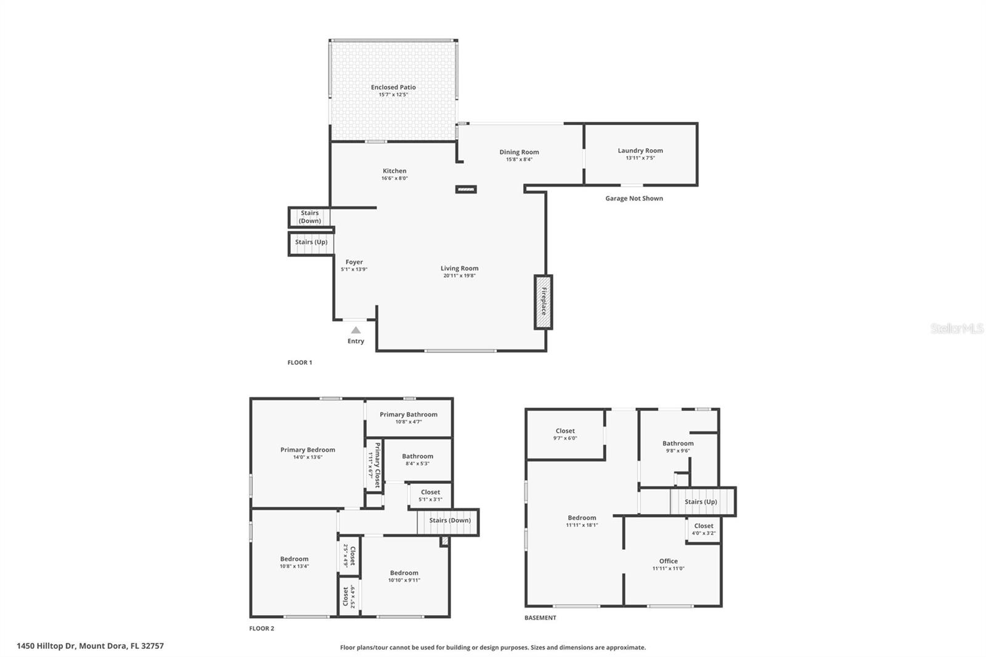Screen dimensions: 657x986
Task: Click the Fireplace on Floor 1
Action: pyautogui.click(x=543, y=302)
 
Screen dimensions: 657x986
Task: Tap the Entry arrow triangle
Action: pyautogui.click(x=356, y=330)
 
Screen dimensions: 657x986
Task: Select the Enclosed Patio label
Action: pyautogui.click(x=393, y=88)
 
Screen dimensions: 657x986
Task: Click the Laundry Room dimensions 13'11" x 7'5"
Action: pyautogui.click(x=640, y=158)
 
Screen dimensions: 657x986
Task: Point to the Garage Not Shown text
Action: pyautogui.click(x=634, y=198)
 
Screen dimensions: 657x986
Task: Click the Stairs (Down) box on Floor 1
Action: pyautogui.click(x=309, y=217)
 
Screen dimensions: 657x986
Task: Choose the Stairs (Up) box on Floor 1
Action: pyautogui.click(x=311, y=242)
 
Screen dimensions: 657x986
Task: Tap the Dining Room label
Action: pyautogui.click(x=519, y=152)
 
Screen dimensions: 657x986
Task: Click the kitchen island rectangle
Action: pyautogui.click(x=466, y=189)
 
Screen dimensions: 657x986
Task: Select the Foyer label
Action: pyautogui.click(x=354, y=262)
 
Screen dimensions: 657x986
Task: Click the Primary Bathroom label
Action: pyautogui.click(x=408, y=415)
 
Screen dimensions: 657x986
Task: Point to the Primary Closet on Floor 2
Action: pyautogui.click(x=375, y=465)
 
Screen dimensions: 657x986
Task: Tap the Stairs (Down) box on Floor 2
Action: pyautogui.click(x=449, y=521)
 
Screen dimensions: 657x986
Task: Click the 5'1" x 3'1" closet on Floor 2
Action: pyautogui.click(x=430, y=496)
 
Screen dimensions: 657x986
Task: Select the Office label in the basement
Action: pyautogui.click(x=668, y=561)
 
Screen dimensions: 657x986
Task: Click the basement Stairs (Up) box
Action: pyautogui.click(x=701, y=502)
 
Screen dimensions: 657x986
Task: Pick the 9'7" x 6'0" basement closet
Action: pyautogui.click(x=564, y=435)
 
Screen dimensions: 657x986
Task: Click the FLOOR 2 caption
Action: pyautogui.click(x=261, y=629)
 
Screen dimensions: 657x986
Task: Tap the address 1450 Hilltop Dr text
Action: pyautogui.click(x=90, y=646)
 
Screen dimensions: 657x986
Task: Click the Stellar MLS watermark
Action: pyautogui.click(x=956, y=329)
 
